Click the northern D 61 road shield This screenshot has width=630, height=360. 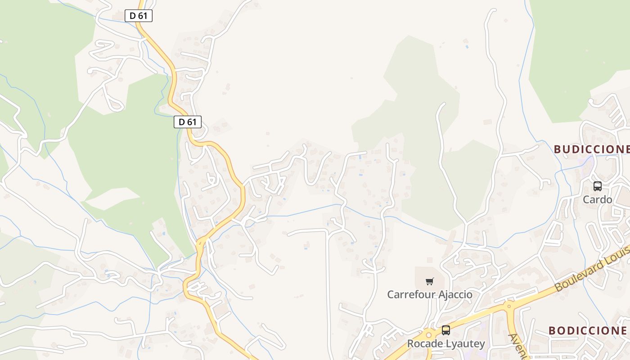click(139, 16)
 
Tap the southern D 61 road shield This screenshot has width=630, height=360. click(188, 121)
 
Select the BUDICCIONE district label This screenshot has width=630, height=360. click(591, 149)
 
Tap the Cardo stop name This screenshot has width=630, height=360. click(598, 199)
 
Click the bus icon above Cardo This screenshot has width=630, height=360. click(598, 186)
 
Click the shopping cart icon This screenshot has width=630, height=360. click(430, 282)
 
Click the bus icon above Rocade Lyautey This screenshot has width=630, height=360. click(445, 330)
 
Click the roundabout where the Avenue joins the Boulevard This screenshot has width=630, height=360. click(509, 306)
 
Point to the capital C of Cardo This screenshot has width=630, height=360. click(586, 199)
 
